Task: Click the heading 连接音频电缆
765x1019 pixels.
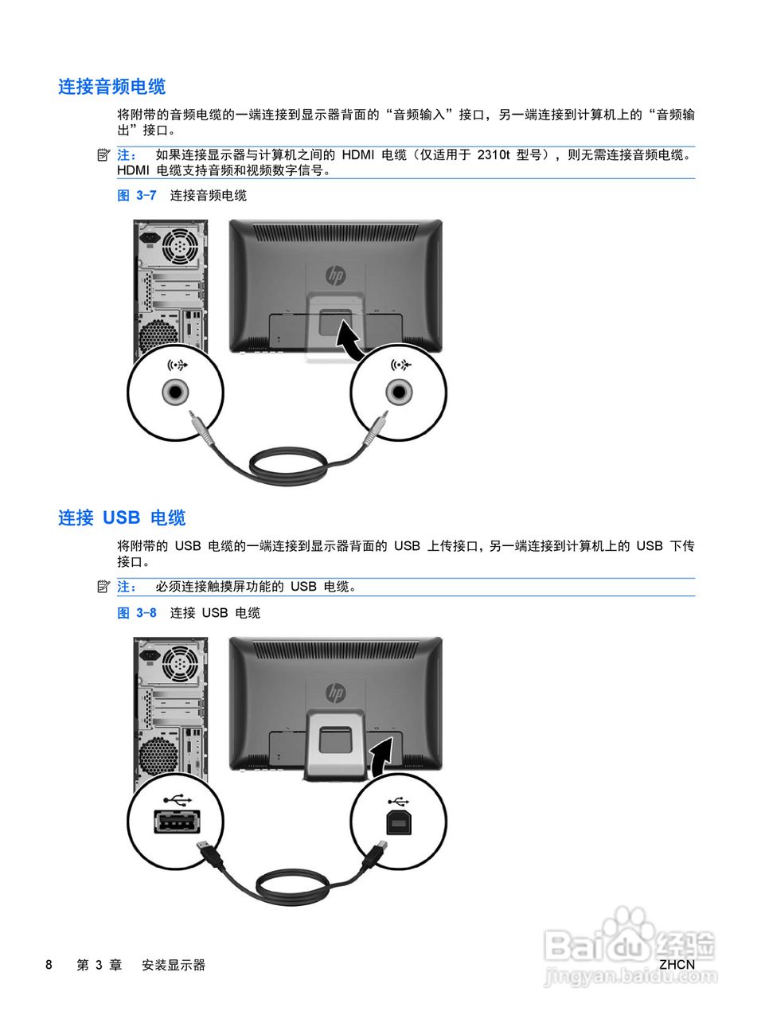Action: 111,87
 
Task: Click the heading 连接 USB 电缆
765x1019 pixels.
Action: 122,518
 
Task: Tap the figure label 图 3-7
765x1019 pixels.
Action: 137,196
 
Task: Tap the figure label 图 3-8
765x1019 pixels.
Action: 137,613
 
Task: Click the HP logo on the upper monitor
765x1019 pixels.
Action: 336,275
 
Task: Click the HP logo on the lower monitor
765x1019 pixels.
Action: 336,693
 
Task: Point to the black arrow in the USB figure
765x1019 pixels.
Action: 382,755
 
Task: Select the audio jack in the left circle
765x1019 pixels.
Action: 175,392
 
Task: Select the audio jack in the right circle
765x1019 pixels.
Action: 399,392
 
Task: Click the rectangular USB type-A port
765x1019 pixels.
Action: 176,822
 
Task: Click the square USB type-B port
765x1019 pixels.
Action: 398,823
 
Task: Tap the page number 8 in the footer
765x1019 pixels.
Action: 49,965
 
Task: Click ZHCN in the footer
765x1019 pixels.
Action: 677,965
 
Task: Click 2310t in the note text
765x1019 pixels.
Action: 494,155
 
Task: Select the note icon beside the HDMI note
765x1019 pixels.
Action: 103,154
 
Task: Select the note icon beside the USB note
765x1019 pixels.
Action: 103,587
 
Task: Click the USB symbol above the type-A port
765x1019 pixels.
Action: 175,798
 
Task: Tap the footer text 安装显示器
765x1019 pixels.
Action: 174,965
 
